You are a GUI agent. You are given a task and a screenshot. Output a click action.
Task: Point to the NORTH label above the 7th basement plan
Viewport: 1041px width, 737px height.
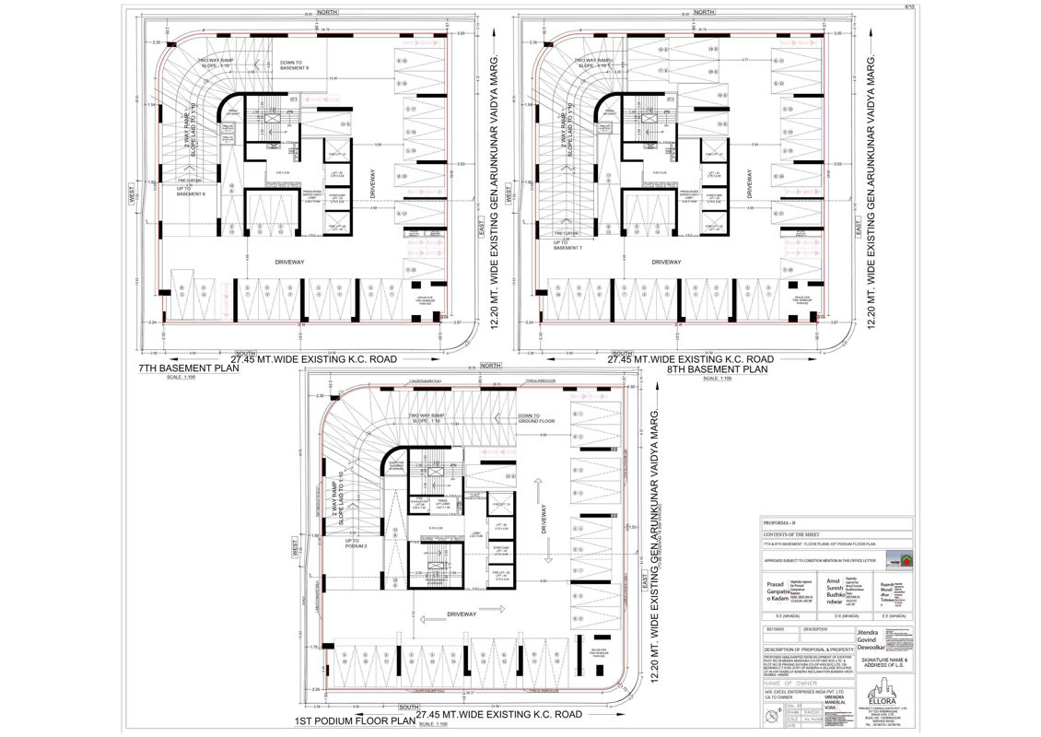pos(328,12)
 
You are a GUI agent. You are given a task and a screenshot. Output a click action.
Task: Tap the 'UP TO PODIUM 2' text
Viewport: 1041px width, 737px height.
pos(356,544)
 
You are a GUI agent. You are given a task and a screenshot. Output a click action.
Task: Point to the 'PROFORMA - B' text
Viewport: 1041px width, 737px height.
pos(778,521)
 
